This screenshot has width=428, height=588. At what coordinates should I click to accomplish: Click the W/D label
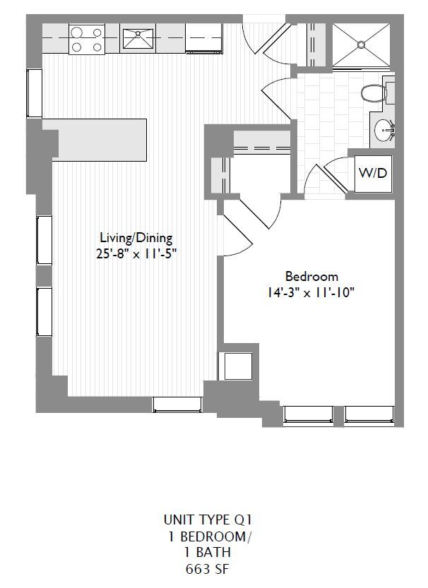tap(374, 173)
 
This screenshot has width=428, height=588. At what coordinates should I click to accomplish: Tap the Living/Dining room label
tap(136, 238)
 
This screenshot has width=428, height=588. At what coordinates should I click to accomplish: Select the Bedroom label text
tap(311, 276)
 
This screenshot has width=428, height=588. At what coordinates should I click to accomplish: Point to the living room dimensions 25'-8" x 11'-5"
tap(136, 253)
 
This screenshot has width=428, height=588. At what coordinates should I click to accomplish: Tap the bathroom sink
tap(384, 130)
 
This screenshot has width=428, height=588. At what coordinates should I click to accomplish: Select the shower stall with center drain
tap(360, 45)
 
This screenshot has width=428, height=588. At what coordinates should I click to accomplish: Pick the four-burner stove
tap(86, 39)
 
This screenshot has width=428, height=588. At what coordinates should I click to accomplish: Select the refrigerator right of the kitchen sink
tap(204, 38)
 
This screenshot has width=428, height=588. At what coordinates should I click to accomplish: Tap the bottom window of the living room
tap(178, 404)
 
